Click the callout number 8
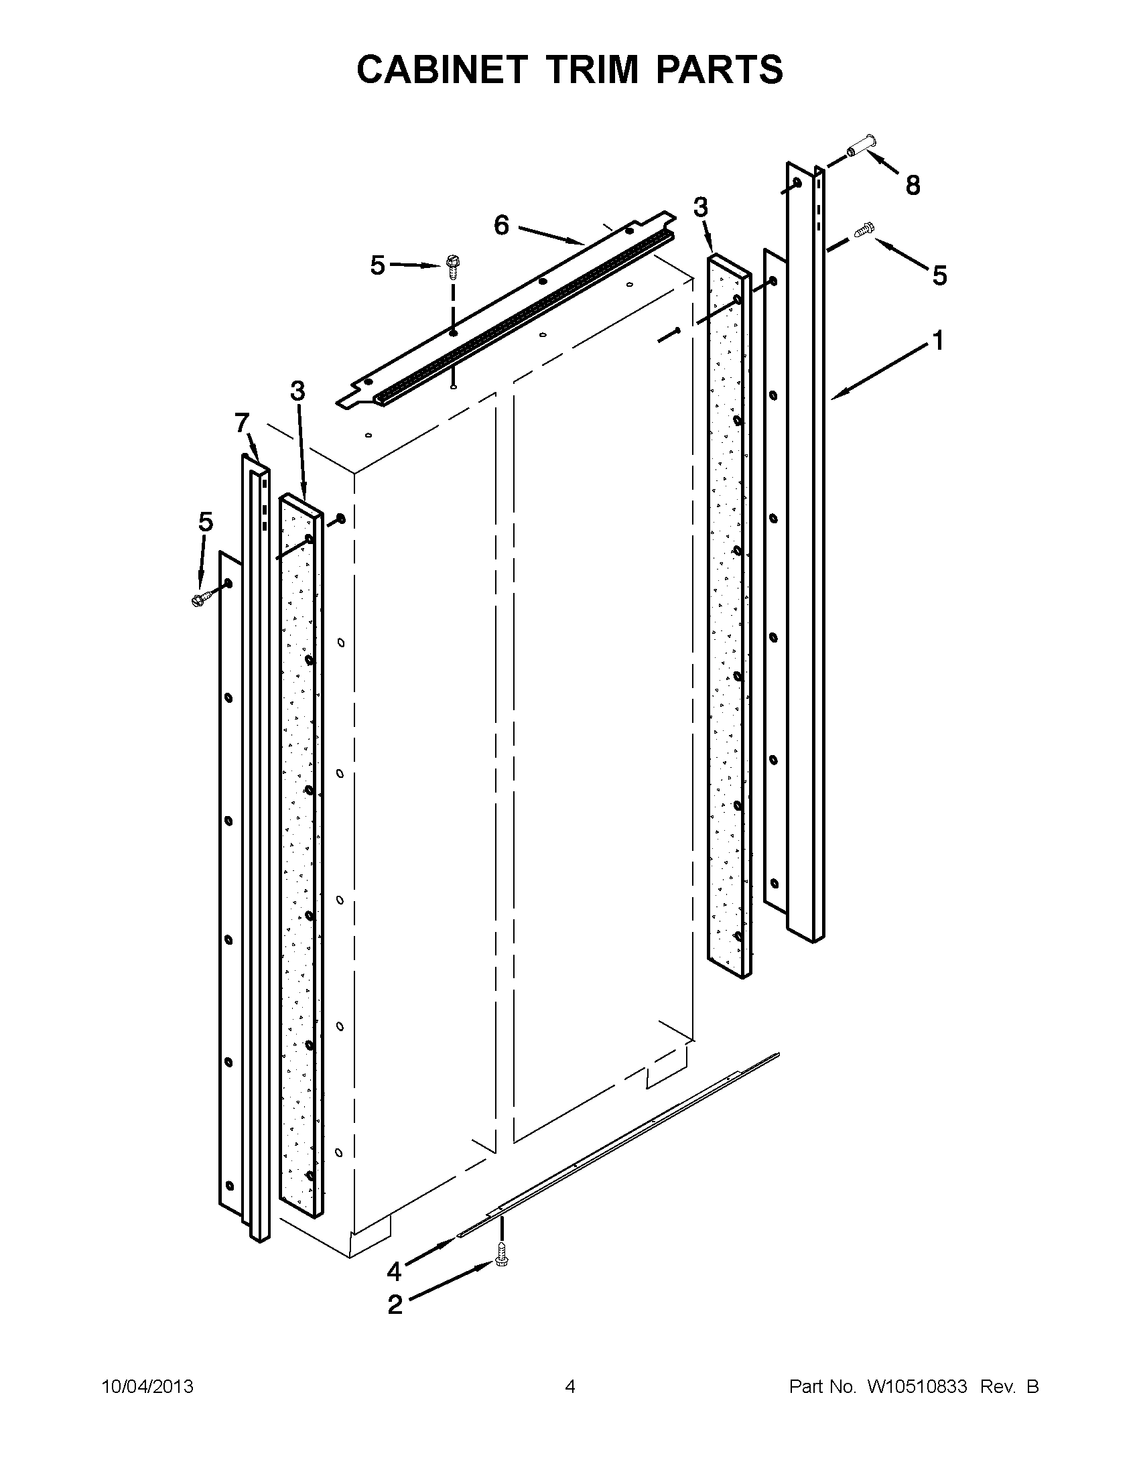click(x=913, y=185)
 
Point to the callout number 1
click(x=938, y=341)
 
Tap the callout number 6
click(x=501, y=225)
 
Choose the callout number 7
click(x=242, y=423)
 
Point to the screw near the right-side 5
click(x=864, y=229)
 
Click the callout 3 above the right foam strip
click(x=701, y=208)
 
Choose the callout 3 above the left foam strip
click(x=297, y=391)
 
